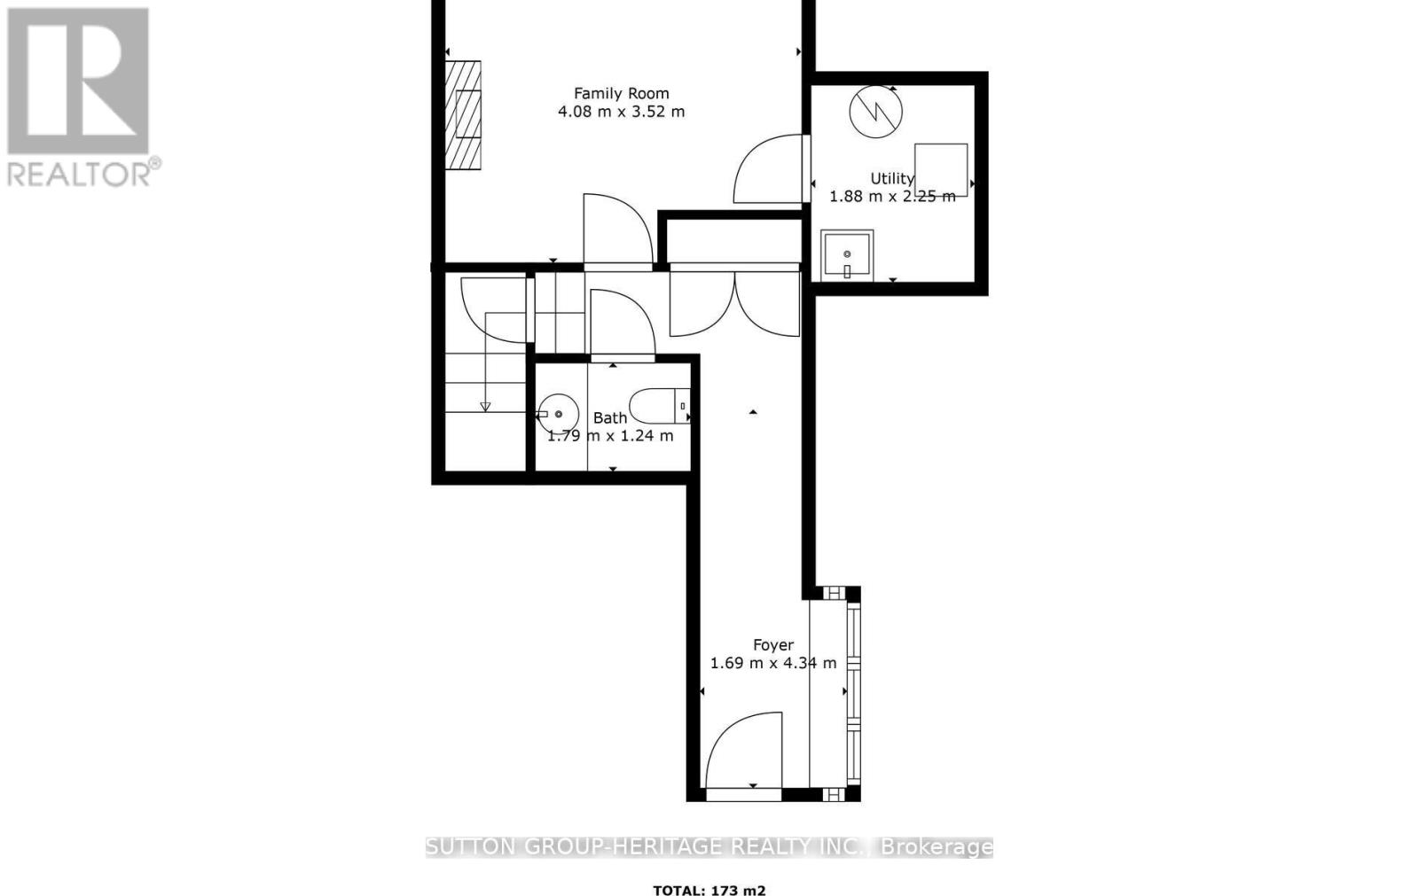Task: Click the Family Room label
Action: click(621, 93)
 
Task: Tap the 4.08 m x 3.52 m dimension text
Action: click(621, 112)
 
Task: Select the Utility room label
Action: click(891, 179)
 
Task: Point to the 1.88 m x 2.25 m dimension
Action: click(892, 196)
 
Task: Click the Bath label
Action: click(610, 417)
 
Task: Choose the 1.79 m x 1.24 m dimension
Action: click(610, 435)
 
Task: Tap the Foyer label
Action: click(773, 645)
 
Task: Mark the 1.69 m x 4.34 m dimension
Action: click(773, 663)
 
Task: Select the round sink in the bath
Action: click(558, 414)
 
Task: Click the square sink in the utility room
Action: click(847, 255)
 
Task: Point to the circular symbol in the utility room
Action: click(875, 112)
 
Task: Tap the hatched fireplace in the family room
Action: click(463, 115)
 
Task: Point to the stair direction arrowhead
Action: click(485, 407)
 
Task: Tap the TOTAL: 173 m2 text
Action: click(709, 890)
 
